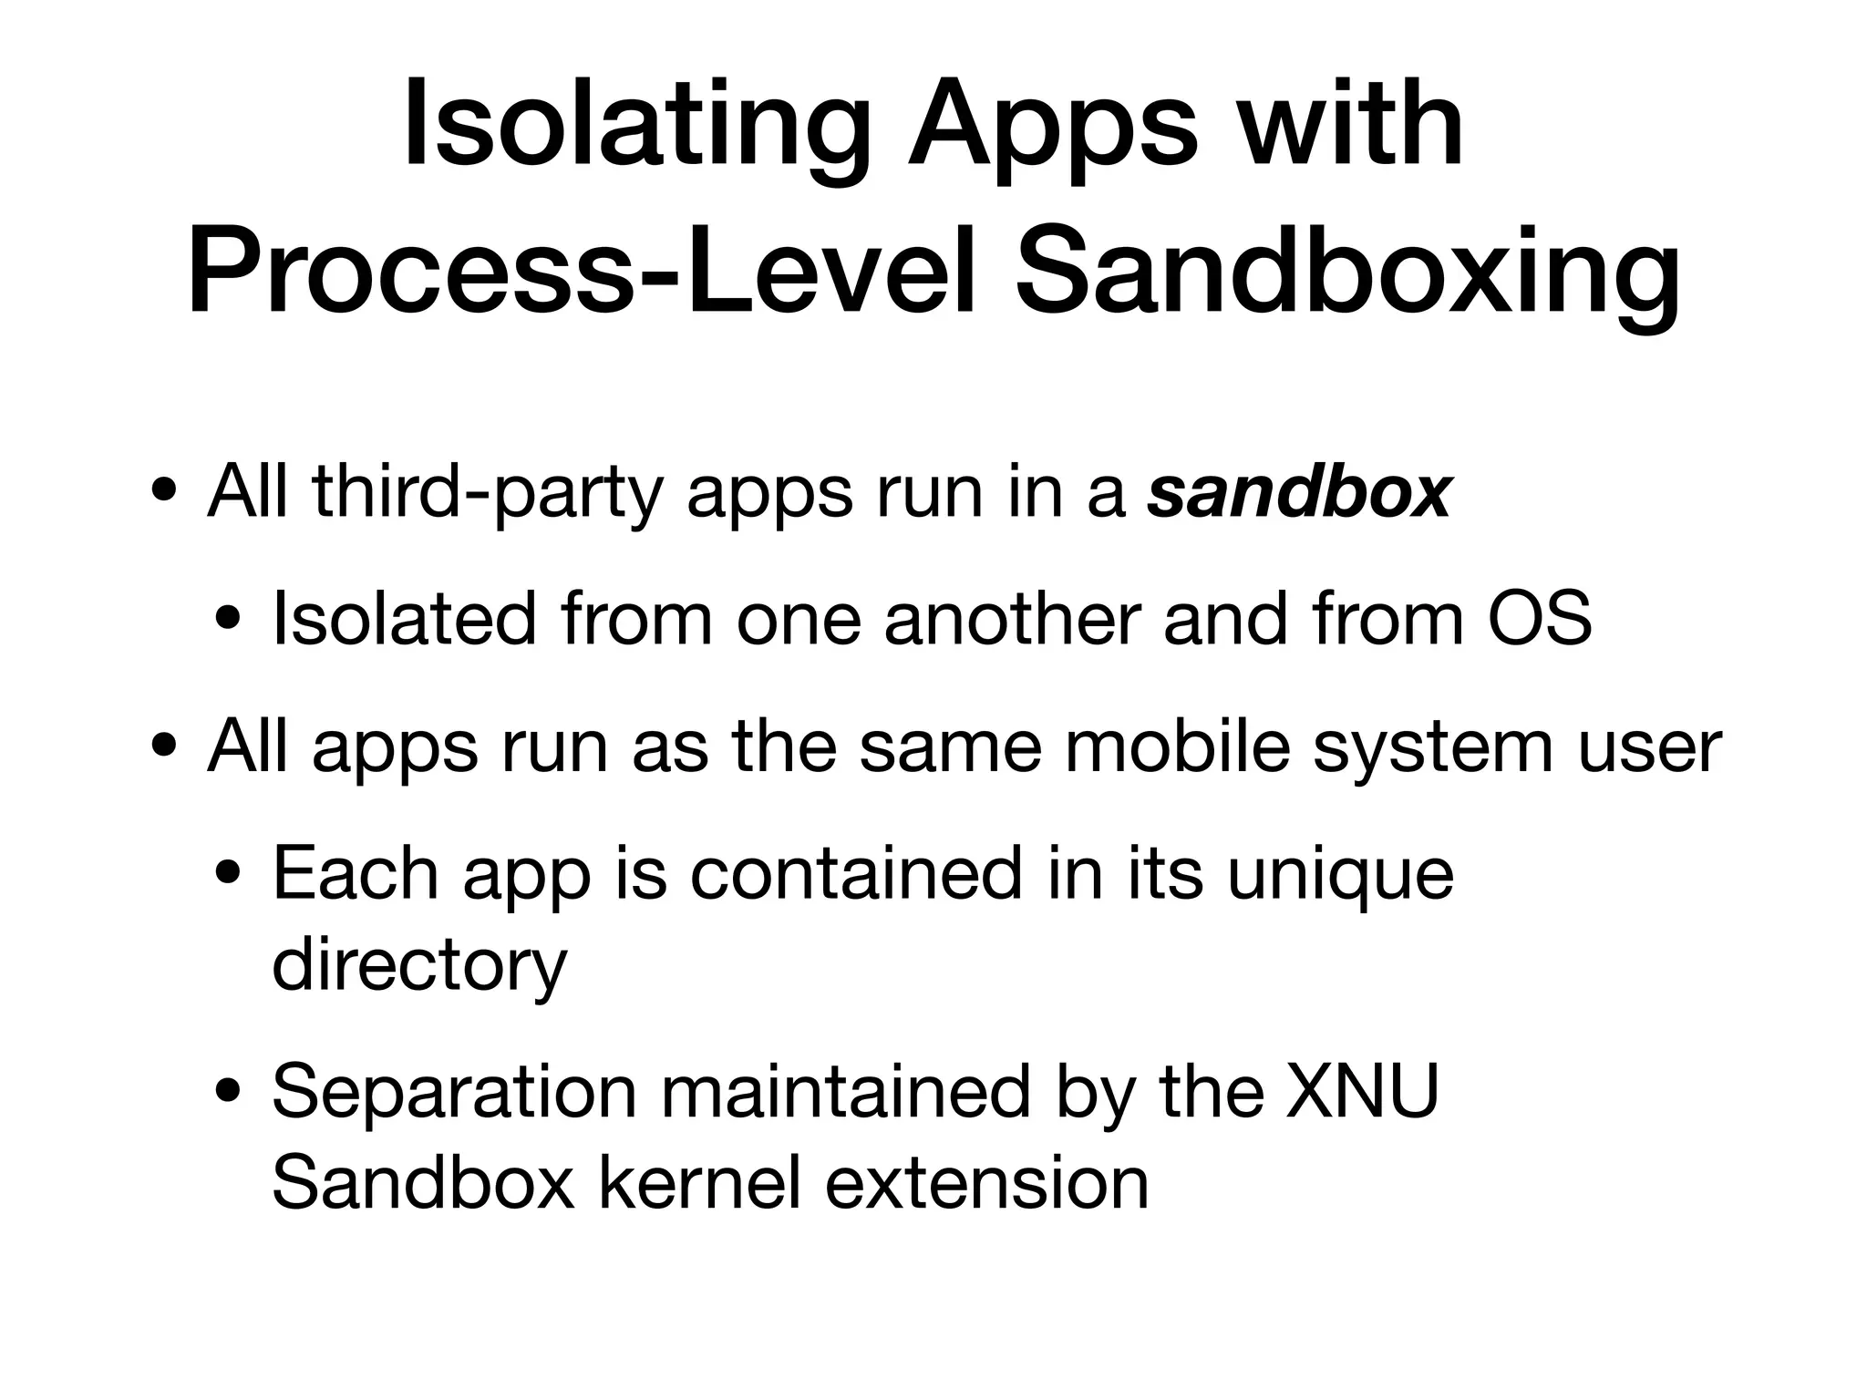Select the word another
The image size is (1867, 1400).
1012,619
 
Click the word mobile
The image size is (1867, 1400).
1177,746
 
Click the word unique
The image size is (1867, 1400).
1340,874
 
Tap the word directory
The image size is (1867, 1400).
419,965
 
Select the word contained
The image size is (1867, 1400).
856,874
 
